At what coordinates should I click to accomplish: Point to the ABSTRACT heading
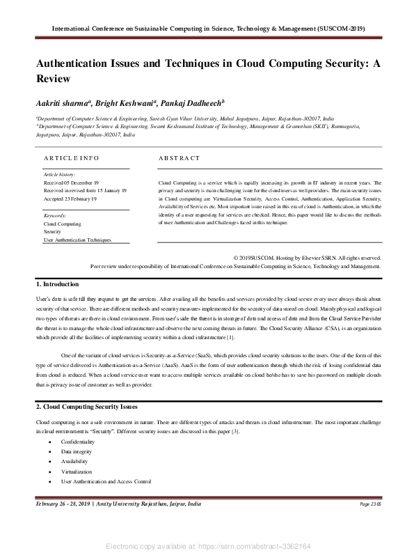[x=179, y=158]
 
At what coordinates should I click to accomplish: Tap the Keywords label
[x=55, y=216]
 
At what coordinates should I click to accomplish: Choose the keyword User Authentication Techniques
[x=77, y=240]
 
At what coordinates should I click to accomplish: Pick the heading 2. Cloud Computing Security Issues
[x=86, y=406]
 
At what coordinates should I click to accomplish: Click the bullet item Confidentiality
[x=78, y=442]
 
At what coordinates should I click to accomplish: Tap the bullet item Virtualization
[x=77, y=472]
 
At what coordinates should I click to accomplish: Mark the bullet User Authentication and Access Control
[x=106, y=481]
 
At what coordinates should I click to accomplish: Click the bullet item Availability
[x=74, y=462]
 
